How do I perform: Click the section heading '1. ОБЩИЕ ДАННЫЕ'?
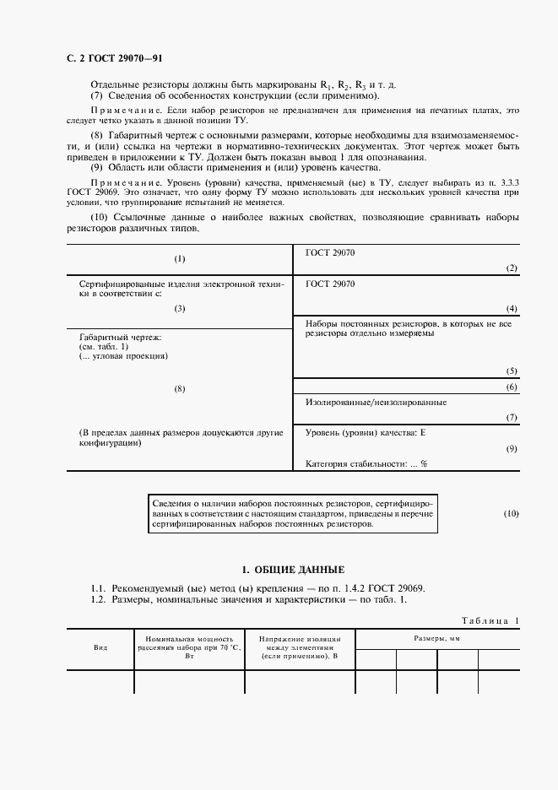click(293, 570)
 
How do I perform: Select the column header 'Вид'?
click(100, 647)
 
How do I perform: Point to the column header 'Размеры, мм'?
click(436, 640)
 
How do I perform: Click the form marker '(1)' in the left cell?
click(179, 258)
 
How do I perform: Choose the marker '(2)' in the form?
click(511, 268)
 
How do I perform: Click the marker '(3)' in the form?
click(179, 309)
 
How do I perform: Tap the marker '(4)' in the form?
click(511, 309)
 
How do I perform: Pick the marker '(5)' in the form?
click(511, 371)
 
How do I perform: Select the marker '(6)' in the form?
click(511, 387)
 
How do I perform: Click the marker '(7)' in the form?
click(511, 418)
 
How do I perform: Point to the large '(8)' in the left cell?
click(179, 388)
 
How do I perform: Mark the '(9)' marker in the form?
click(511, 448)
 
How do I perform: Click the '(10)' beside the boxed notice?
click(512, 513)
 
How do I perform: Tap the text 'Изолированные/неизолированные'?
click(377, 403)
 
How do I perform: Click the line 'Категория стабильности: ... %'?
click(366, 463)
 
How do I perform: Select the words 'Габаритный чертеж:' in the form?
click(120, 338)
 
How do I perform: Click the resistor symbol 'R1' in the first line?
click(325, 86)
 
